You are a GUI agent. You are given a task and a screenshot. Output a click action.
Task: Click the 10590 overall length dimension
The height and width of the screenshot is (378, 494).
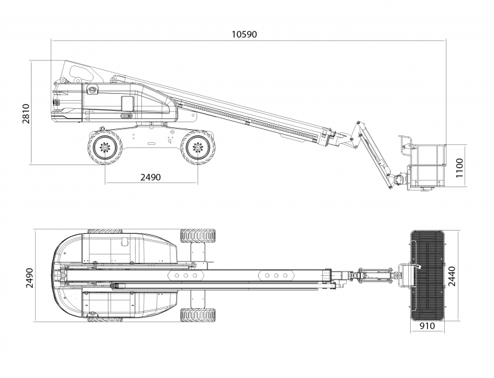click(x=245, y=33)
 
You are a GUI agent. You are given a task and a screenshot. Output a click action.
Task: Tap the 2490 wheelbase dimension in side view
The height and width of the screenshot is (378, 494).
click(x=150, y=177)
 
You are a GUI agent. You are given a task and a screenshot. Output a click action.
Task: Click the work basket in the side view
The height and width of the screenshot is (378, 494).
click(x=426, y=165)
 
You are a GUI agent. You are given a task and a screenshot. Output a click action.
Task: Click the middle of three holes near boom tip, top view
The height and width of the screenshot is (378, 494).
click(x=276, y=275)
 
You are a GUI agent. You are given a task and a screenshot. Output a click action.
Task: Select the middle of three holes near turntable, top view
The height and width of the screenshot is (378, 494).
click(x=186, y=276)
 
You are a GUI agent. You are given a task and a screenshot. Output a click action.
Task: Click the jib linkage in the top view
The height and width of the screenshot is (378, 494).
click(x=372, y=275)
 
